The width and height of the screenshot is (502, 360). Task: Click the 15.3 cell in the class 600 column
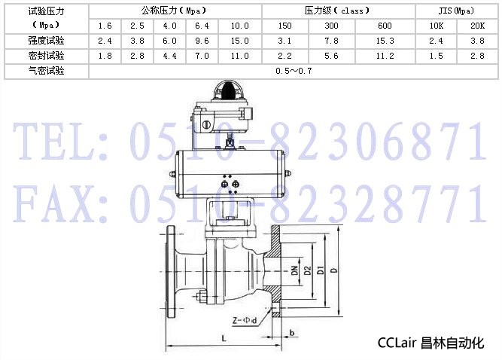point(385,41)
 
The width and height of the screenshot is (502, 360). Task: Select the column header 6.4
point(202,26)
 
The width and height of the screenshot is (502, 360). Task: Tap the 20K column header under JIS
point(477,26)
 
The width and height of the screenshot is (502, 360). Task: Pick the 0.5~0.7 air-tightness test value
point(294,71)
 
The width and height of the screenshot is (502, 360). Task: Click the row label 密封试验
point(46,56)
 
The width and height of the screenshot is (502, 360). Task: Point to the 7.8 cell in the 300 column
point(331,41)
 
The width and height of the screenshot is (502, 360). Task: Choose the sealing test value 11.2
point(385,56)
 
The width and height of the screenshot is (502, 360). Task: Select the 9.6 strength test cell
point(202,41)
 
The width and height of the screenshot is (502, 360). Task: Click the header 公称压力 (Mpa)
point(175,11)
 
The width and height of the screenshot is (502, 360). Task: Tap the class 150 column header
point(284,26)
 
